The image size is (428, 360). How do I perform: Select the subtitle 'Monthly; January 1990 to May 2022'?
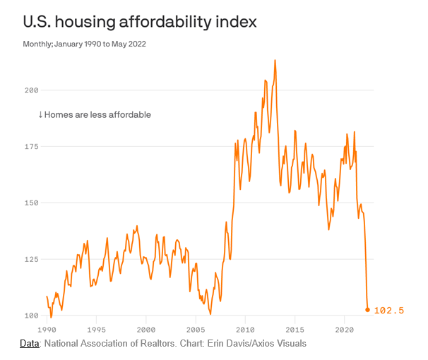pyautogui.click(x=84, y=44)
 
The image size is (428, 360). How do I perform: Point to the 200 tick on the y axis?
pyautogui.click(x=30, y=90)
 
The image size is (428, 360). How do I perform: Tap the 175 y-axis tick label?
pyautogui.click(x=30, y=146)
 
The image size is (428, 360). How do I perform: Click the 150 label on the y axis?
pyautogui.click(x=30, y=203)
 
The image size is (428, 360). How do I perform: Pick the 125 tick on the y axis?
pyautogui.click(x=30, y=259)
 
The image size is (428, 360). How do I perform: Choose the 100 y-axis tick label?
pyautogui.click(x=30, y=315)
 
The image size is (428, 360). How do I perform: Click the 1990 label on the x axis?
pyautogui.click(x=47, y=330)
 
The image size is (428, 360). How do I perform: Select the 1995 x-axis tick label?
pyautogui.click(x=96, y=330)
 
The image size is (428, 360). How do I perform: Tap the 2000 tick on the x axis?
pyautogui.click(x=145, y=330)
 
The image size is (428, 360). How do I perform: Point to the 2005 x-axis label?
pyautogui.click(x=196, y=330)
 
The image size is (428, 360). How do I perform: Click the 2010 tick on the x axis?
pyautogui.click(x=245, y=330)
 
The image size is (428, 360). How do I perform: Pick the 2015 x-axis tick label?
pyautogui.click(x=295, y=330)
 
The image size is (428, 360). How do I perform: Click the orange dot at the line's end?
pyautogui.click(x=367, y=310)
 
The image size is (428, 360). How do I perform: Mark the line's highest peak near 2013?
pyautogui.click(x=275, y=61)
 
